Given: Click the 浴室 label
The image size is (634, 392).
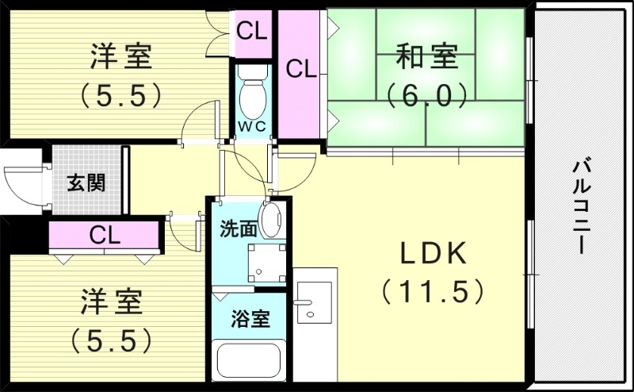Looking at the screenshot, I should (x=250, y=319).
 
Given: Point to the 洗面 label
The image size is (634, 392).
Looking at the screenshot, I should (x=238, y=229).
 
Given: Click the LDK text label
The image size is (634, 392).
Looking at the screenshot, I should (x=433, y=253).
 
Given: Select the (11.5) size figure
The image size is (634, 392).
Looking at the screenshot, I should (x=433, y=292).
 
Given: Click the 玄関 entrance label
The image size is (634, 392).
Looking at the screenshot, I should (x=86, y=182).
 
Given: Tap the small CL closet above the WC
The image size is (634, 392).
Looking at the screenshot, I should (x=253, y=32).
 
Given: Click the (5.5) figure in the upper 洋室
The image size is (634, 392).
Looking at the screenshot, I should (x=120, y=96).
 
